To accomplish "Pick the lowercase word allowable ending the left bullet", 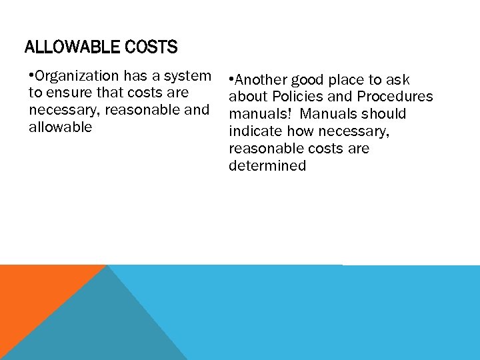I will (x=61, y=127).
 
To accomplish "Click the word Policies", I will (x=299, y=97).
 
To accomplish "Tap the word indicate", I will (x=254, y=131).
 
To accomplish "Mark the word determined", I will (x=267, y=165).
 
